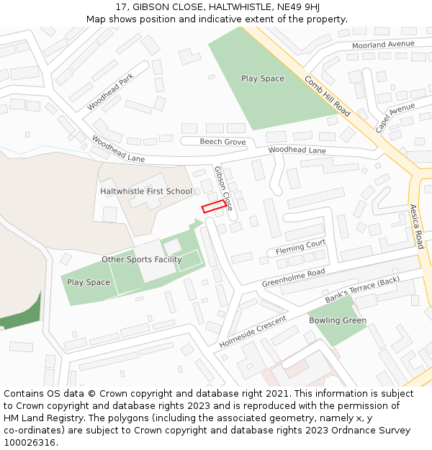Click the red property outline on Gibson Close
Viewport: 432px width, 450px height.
click(212, 207)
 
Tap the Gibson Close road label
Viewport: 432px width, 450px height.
click(224, 187)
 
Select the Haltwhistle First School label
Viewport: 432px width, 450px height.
click(146, 192)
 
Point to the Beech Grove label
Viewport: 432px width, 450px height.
click(222, 142)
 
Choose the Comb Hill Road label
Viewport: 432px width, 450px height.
click(328, 96)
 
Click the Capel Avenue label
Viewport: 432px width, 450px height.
click(395, 117)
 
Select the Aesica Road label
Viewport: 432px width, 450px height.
click(417, 226)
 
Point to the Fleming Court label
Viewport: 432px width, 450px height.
click(301, 247)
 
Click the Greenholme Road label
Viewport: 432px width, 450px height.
click(293, 277)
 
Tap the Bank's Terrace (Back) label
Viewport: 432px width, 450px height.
click(361, 289)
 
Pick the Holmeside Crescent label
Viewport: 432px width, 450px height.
click(253, 331)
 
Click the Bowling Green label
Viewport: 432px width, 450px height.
click(338, 320)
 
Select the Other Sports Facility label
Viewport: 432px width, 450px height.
click(141, 259)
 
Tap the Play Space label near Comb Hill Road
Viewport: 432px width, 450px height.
click(262, 78)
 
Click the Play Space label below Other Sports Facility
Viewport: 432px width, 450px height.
click(89, 282)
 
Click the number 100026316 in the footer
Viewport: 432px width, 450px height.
click(30, 442)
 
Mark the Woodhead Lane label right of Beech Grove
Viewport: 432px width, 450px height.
click(297, 150)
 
